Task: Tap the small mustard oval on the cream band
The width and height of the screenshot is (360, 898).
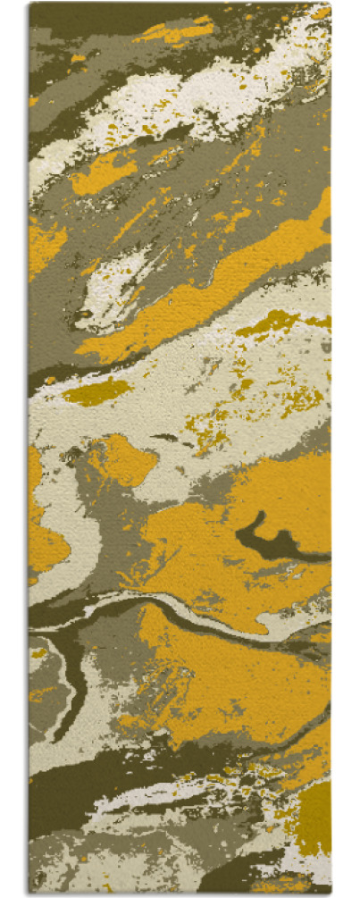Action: coord(96,391)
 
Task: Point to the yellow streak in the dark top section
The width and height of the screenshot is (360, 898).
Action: coord(174,32)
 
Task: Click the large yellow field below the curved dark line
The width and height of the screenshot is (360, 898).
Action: coord(223,679)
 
